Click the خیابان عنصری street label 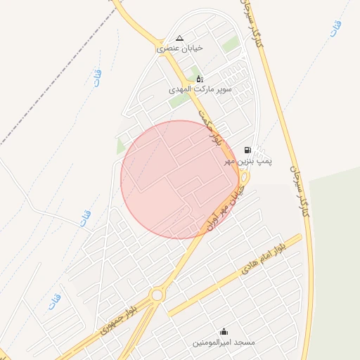[x=179, y=49]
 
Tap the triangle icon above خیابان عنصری [x=179, y=38]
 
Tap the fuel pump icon [x=247, y=150]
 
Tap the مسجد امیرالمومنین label [x=224, y=343]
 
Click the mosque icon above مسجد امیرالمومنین [x=224, y=332]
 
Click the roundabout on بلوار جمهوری [x=157, y=295]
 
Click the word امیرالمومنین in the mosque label [x=214, y=343]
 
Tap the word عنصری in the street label [x=169, y=49]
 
